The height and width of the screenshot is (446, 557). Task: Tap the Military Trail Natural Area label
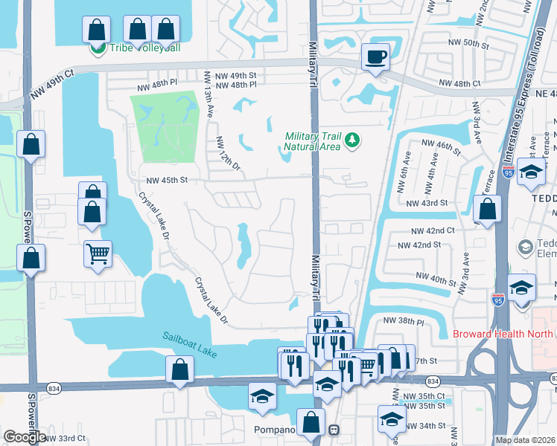coord(311,141)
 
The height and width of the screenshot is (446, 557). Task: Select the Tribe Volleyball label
coord(145,48)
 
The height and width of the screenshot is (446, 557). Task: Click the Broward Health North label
coord(504,334)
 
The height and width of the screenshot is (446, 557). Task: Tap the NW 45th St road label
coord(166,180)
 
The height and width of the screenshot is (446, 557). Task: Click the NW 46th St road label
coord(441,146)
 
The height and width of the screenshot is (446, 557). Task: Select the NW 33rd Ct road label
coord(65,439)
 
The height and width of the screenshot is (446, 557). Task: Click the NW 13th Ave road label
coord(209,97)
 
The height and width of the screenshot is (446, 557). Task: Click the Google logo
coord(25,436)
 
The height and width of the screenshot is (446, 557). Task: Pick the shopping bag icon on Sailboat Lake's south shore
coord(179,370)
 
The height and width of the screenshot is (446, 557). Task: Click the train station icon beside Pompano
coord(335,430)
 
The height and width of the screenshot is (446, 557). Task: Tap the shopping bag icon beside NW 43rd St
coord(486,210)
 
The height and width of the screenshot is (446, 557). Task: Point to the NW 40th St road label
coord(437,279)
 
